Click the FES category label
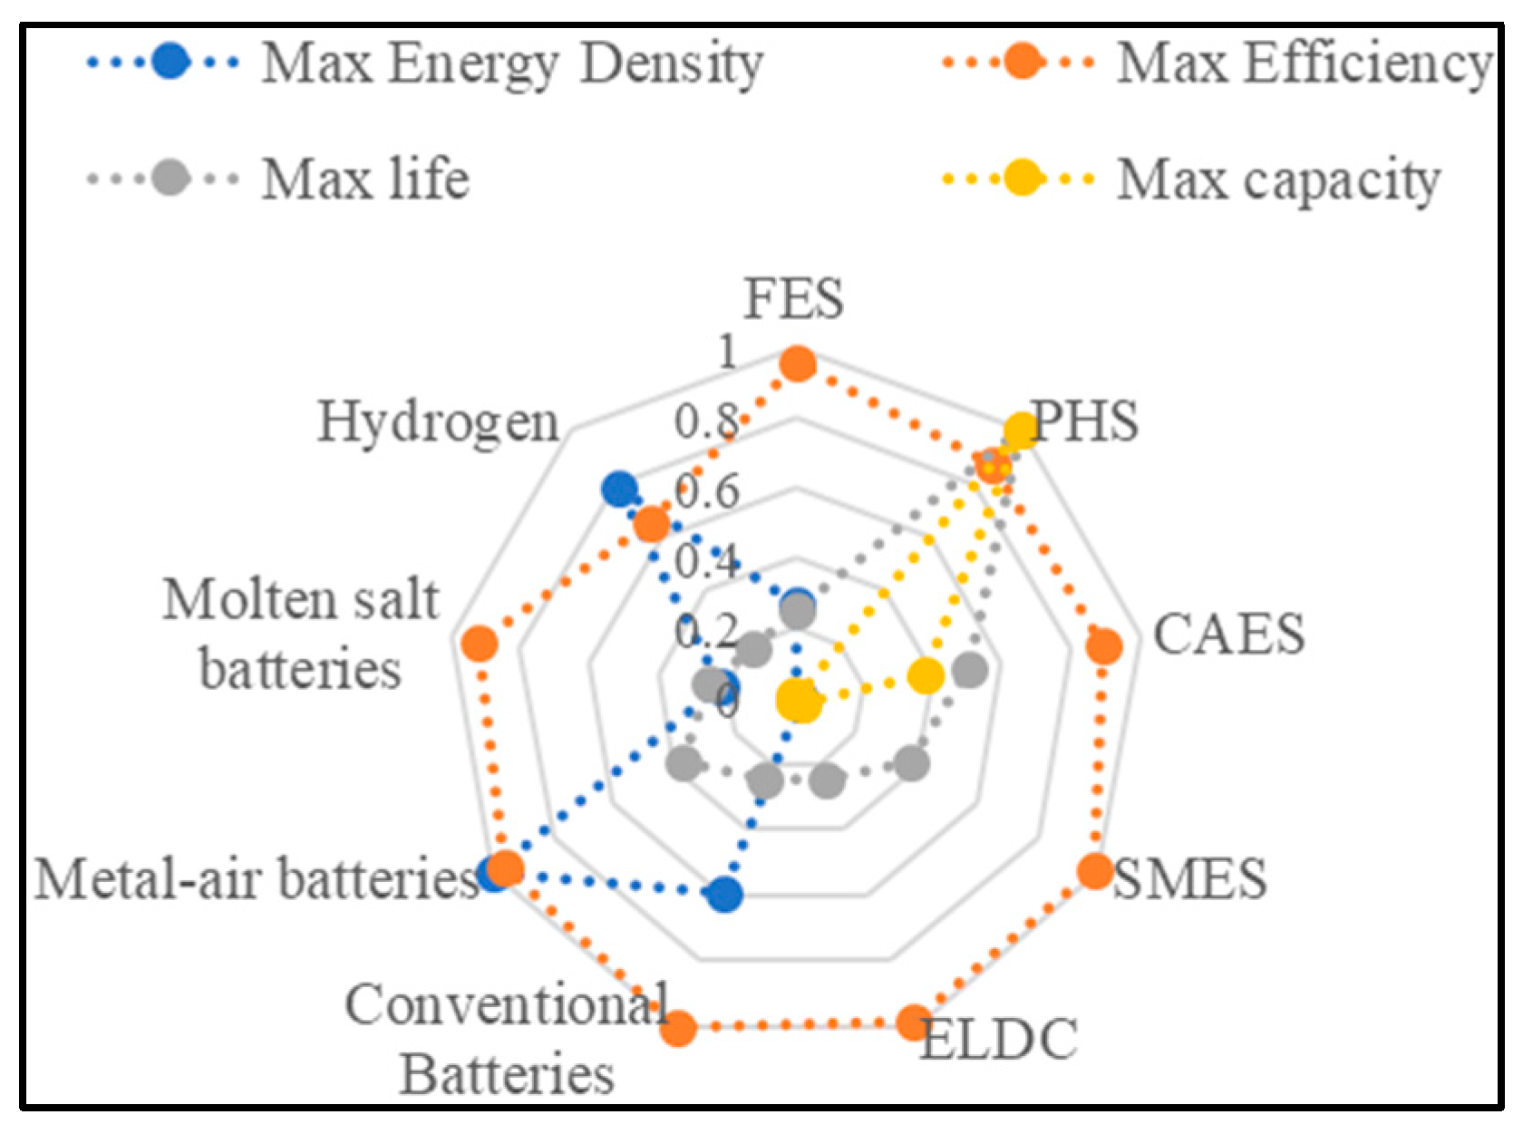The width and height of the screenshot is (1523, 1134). pyautogui.click(x=794, y=298)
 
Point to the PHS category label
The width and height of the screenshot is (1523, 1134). pyautogui.click(x=1085, y=421)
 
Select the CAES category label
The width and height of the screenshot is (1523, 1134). pyautogui.click(x=1228, y=634)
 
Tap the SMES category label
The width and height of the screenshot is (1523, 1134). pyautogui.click(x=1189, y=878)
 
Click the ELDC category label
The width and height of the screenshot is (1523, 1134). pyautogui.click(x=999, y=1040)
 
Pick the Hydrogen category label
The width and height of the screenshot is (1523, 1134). pyautogui.click(x=438, y=422)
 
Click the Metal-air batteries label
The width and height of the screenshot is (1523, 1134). pyautogui.click(x=257, y=878)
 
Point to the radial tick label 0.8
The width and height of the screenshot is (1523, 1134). pyautogui.click(x=706, y=422)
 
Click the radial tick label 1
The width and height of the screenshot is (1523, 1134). pyautogui.click(x=727, y=352)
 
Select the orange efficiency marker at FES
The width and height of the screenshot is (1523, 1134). pyautogui.click(x=798, y=364)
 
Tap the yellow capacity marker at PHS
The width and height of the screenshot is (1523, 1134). pyautogui.click(x=1021, y=430)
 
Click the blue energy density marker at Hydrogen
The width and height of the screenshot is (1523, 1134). pyautogui.click(x=619, y=489)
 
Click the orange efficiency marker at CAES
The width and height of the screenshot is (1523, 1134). pyautogui.click(x=1104, y=646)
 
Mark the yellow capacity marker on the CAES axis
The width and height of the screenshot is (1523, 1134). pyautogui.click(x=926, y=675)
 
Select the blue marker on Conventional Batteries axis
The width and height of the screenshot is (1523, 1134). pyautogui.click(x=724, y=895)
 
